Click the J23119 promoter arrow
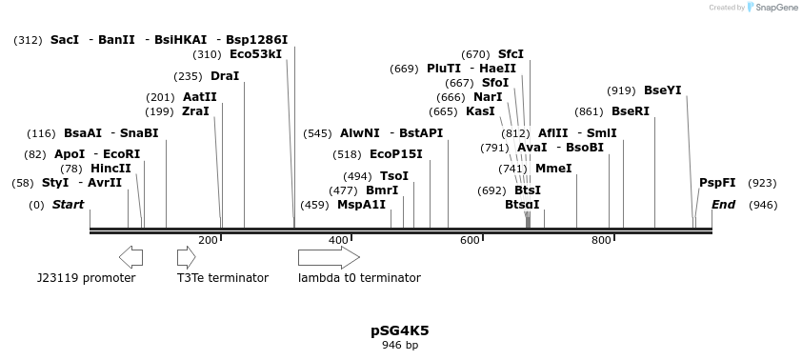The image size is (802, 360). click(130, 257)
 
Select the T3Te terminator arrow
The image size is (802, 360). click(186, 257)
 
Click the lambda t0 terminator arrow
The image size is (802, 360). click(329, 257)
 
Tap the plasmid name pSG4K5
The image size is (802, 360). click(400, 331)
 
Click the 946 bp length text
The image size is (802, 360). click(400, 346)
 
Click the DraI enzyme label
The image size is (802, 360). click(225, 76)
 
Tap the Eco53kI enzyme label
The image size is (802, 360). click(256, 54)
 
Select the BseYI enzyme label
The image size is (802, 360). click(663, 90)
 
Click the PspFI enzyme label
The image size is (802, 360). click(717, 183)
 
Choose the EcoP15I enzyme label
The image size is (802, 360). click(395, 154)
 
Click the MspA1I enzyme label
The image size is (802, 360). click(362, 205)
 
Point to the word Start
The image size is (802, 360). click(68, 205)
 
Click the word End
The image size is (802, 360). click(724, 205)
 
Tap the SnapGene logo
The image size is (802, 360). click(772, 8)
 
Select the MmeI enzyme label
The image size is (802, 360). click(553, 169)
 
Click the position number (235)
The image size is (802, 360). click(188, 76)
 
